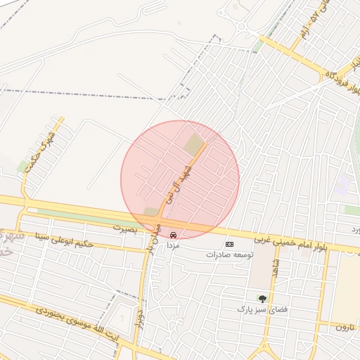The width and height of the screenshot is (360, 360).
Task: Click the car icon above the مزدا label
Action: [173, 236]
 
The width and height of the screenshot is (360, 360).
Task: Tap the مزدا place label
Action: [174, 247]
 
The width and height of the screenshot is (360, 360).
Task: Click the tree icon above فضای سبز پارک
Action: [263, 299]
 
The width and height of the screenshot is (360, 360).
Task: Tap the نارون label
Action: [342, 327]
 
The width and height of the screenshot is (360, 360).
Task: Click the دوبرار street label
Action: [140, 320]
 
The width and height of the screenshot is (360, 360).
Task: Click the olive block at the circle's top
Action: [194, 145]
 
